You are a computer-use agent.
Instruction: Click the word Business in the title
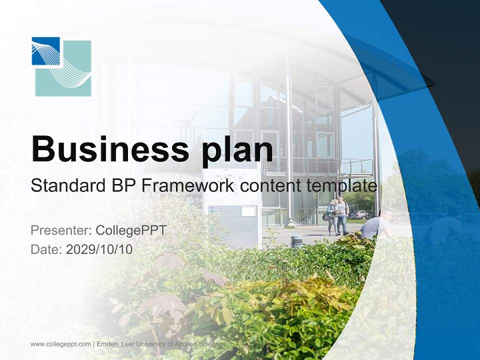(110, 149)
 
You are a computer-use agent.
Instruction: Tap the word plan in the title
(237, 151)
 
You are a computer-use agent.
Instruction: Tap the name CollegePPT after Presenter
(131, 230)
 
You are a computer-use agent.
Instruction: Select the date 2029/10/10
(99, 249)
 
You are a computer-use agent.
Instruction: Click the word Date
(46, 249)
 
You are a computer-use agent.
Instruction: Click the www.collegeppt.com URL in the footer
(60, 344)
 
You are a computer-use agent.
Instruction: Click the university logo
(61, 66)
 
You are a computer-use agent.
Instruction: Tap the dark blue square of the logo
(46, 51)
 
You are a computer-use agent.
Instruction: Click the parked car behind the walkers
(360, 214)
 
